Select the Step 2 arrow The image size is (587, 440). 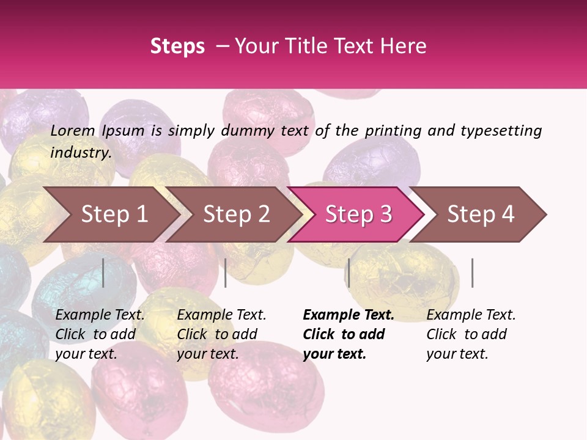coord(235,215)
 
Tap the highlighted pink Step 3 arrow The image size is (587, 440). coord(358,215)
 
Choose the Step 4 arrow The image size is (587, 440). coord(480,215)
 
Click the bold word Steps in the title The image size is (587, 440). coord(177,46)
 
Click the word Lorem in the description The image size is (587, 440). coord(73,130)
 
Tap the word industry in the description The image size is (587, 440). coord(81,152)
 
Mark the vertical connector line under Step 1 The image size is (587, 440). coord(103,273)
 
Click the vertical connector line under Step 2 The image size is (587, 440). coord(226,273)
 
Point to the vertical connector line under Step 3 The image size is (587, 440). coord(349,273)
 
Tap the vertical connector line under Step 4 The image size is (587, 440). coord(472,273)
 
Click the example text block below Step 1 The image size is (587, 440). coord(100,334)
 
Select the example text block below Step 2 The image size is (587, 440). coord(221,334)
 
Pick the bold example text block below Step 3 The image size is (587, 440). coord(349,334)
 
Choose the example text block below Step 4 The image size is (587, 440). coord(471,334)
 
